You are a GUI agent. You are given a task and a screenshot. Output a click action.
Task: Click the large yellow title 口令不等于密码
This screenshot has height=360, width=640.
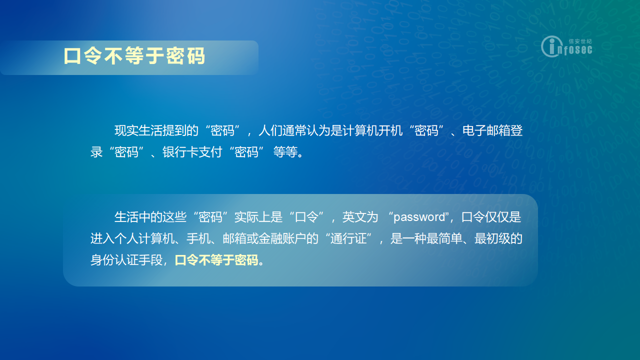click(134, 56)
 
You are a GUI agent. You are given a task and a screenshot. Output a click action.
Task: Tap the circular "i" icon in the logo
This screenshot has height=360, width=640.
click(551, 46)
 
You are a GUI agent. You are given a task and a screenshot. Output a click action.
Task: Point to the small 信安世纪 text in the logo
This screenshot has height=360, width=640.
click(580, 41)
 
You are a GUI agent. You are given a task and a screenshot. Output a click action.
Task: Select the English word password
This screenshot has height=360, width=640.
click(419, 217)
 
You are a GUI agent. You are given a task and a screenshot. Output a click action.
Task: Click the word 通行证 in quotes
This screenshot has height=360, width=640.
click(348, 238)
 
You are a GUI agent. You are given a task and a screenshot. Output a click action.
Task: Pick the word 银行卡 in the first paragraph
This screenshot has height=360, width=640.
click(180, 152)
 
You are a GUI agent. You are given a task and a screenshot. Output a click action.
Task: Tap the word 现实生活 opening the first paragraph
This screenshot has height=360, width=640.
click(138, 130)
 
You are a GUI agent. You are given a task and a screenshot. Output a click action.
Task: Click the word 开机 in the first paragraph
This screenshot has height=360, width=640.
click(390, 130)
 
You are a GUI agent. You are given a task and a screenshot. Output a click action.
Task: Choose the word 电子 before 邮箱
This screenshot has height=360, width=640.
click(474, 130)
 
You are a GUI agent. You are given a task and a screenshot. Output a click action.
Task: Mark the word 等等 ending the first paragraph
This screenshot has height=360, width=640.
click(285, 152)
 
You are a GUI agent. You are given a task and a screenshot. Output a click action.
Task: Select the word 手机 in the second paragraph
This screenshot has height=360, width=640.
click(198, 238)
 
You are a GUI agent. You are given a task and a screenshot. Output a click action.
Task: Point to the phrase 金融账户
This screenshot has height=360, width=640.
click(282, 238)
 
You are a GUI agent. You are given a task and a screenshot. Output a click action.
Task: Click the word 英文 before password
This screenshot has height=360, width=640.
click(354, 217)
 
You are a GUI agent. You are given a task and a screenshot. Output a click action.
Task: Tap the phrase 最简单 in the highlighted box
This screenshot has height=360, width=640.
click(444, 238)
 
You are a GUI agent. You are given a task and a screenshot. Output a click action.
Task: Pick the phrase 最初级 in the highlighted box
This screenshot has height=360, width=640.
click(492, 238)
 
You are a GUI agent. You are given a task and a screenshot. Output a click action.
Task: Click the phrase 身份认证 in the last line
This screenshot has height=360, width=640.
click(114, 260)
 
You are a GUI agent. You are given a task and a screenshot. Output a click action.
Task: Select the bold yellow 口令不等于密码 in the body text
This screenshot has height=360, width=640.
click(216, 260)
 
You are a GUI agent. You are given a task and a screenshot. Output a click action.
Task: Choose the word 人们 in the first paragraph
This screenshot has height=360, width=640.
click(270, 130)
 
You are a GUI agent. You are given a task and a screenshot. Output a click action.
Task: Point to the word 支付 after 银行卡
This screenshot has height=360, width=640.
click(210, 152)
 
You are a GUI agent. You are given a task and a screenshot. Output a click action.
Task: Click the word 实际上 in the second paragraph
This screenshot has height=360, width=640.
click(252, 217)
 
